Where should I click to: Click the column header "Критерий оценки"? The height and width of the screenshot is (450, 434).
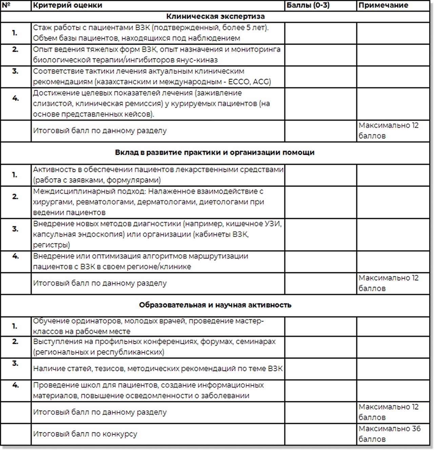(x=67, y=5)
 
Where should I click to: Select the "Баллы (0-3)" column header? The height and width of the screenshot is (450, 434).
(x=308, y=5)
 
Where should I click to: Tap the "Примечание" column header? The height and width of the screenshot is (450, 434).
(x=383, y=5)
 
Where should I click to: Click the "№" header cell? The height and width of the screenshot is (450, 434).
(x=6, y=5)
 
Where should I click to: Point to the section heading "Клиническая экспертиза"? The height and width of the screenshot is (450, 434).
(x=215, y=17)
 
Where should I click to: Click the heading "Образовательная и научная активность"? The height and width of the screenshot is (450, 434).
(x=215, y=305)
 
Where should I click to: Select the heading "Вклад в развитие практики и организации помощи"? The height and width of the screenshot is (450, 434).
(x=215, y=153)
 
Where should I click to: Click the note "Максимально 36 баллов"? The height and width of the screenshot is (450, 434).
(x=389, y=434)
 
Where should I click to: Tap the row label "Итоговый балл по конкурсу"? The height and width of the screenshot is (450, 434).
(x=85, y=434)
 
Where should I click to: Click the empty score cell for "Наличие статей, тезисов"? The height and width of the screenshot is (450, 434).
(x=320, y=369)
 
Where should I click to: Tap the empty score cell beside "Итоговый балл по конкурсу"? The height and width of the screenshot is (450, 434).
(x=320, y=434)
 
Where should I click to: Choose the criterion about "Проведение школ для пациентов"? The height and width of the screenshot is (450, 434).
(x=148, y=390)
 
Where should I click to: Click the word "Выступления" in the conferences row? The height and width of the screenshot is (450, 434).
(x=55, y=342)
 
